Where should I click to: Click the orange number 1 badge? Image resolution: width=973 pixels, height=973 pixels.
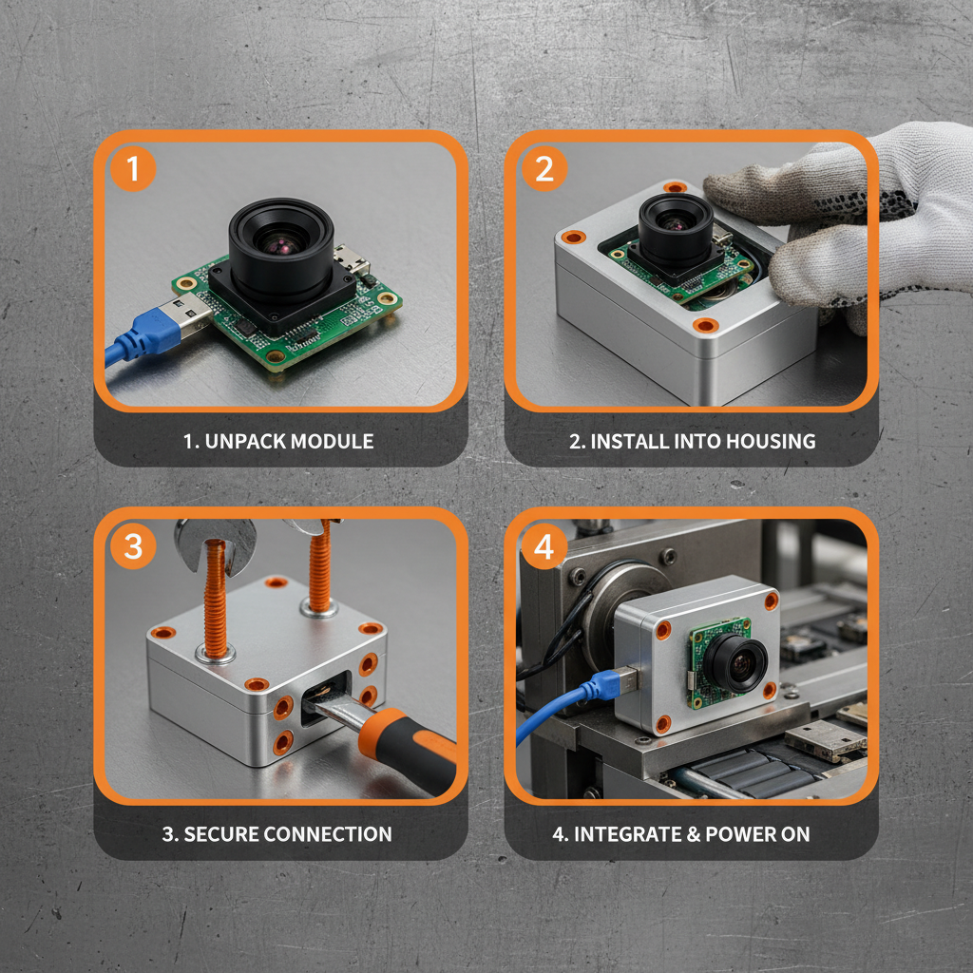(x=134, y=169)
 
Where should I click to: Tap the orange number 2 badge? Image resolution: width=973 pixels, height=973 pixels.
(x=544, y=169)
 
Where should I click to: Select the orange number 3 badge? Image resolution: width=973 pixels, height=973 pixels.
(x=134, y=547)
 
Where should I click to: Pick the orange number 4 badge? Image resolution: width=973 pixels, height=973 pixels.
(x=544, y=547)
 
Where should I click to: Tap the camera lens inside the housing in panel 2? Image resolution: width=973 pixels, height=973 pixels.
(x=676, y=222)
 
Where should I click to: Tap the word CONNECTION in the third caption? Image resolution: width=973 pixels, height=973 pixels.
(x=327, y=834)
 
